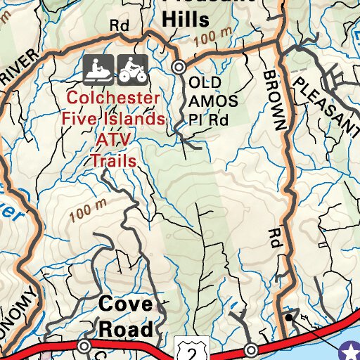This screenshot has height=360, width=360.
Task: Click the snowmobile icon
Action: [98, 68]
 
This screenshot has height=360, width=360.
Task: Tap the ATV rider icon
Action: [131, 68]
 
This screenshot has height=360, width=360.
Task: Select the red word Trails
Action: [112, 160]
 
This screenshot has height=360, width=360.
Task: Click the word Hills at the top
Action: [186, 20]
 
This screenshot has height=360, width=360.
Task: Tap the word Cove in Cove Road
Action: [125, 304]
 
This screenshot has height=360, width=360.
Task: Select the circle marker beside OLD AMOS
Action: [179, 67]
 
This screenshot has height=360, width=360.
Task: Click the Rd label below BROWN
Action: [274, 239]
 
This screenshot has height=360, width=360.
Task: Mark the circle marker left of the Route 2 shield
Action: [84, 346]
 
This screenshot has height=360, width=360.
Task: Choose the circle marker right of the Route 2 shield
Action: [251, 349]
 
